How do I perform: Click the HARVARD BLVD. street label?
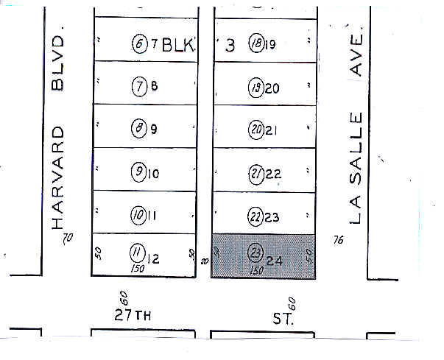click(x=59, y=133)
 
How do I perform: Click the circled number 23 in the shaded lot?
click(x=256, y=250)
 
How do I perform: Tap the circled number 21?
click(x=256, y=174)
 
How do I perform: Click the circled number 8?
click(x=138, y=130)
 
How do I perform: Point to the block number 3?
click(x=230, y=46)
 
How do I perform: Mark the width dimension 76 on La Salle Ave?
click(x=338, y=239)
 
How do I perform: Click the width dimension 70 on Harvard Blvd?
click(x=68, y=238)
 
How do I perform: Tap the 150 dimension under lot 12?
click(x=137, y=269)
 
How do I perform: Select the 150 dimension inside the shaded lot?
click(x=256, y=270)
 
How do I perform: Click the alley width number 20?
click(x=205, y=261)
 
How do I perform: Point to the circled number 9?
click(x=138, y=173)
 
